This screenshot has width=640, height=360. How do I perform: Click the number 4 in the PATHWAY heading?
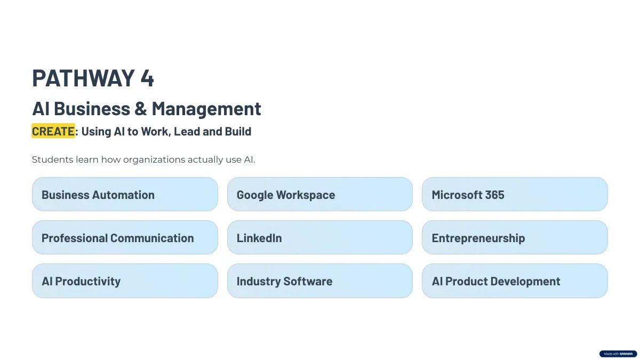coord(147,78)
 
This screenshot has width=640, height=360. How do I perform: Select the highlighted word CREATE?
coord(53,131)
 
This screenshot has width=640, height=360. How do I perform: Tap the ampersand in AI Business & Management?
coord(141,109)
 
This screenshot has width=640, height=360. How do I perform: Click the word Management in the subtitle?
coord(206,109)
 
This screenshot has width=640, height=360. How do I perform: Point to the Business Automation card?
coord(125,194)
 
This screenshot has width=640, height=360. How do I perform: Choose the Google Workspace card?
coord(319,194)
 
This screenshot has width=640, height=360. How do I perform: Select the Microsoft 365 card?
coord(515,194)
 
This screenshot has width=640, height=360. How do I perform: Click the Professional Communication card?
coord(125,237)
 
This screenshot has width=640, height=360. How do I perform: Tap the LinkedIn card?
coord(319,237)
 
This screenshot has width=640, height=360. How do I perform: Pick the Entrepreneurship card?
coord(515,237)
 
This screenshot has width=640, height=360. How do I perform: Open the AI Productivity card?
coord(125,281)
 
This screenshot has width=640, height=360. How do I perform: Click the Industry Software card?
coord(319,281)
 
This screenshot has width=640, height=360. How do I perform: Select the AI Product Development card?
coord(515,281)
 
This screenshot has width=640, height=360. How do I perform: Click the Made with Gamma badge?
coord(618,354)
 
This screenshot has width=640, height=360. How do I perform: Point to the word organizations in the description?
coord(154,159)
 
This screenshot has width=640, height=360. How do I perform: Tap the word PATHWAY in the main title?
coord(83,78)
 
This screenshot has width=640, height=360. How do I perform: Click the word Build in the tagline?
coord(238,131)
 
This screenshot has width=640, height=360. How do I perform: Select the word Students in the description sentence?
coord(53,159)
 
